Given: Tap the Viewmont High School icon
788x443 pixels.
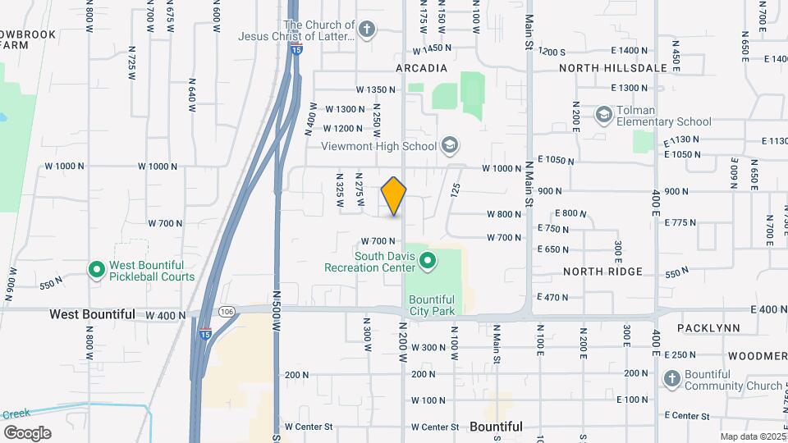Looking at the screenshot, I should (x=449, y=146).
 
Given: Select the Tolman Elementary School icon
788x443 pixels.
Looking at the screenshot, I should (x=604, y=114).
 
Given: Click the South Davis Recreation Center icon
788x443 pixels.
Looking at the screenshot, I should (x=427, y=262).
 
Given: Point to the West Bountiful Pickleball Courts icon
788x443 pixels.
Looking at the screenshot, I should (x=96, y=269).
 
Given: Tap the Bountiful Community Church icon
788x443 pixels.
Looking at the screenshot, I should (x=671, y=378).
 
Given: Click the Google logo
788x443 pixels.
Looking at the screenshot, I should (x=27, y=432).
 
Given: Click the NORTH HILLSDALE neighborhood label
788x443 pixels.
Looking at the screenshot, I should (x=613, y=68).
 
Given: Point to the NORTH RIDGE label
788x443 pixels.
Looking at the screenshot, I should (x=595, y=271).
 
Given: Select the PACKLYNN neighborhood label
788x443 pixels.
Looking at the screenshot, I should (x=709, y=327).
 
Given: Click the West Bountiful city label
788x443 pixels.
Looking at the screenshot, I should (x=92, y=314).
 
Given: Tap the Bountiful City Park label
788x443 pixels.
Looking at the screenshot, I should (x=432, y=305).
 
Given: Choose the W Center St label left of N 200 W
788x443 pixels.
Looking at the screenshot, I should (x=309, y=427).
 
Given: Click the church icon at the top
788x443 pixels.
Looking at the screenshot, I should (x=367, y=31).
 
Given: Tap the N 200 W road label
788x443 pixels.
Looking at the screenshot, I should (x=404, y=345).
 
